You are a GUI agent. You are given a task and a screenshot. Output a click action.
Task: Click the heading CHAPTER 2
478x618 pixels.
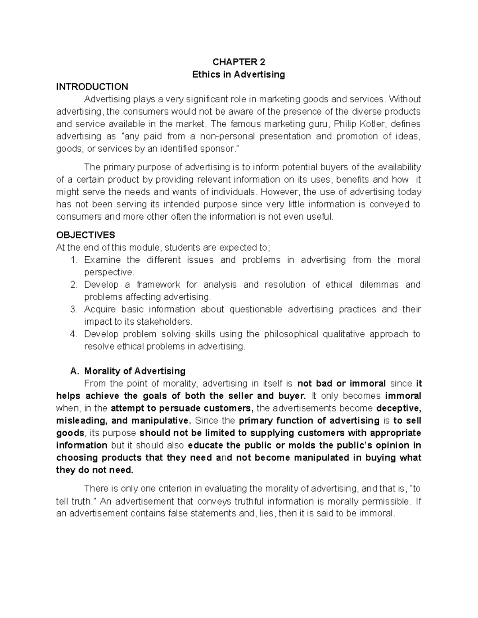pyautogui.click(x=239, y=62)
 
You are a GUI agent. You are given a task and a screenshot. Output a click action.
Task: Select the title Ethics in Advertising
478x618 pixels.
pyautogui.click(x=239, y=74)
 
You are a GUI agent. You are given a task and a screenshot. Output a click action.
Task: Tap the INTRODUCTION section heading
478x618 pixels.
pyautogui.click(x=92, y=87)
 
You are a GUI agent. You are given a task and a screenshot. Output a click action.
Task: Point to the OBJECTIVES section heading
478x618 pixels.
pyautogui.click(x=86, y=235)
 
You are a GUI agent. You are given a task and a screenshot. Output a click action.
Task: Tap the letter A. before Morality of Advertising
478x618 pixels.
pyautogui.click(x=75, y=371)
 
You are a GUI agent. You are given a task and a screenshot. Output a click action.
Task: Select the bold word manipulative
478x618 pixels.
pyautogui.click(x=162, y=421)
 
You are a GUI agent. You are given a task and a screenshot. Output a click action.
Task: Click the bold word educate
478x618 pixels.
pyautogui.click(x=205, y=445)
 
